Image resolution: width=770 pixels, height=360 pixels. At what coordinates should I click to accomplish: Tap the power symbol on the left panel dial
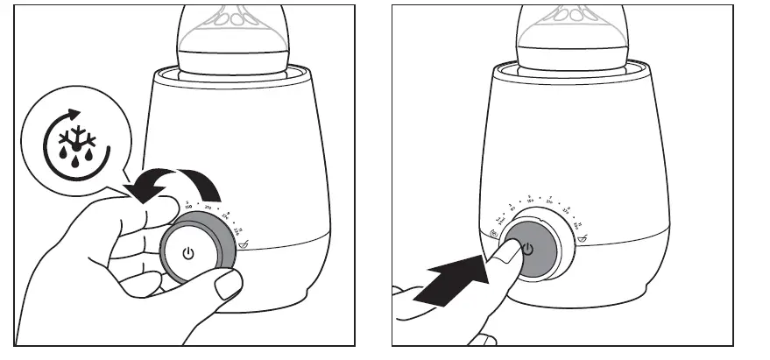tap(187, 253)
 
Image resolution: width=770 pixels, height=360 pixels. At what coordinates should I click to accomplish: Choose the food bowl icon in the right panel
tap(583, 237)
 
